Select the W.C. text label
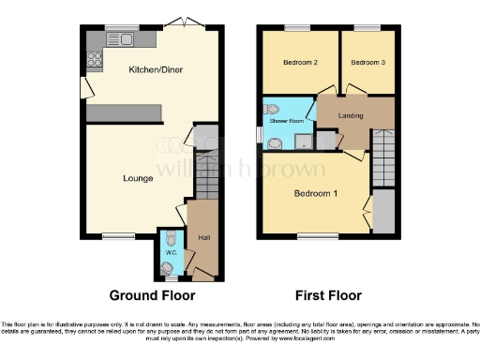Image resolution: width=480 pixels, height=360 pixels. (171, 252)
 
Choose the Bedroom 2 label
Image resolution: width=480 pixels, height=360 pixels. (297, 63)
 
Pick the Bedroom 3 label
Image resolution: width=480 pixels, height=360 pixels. (367, 63)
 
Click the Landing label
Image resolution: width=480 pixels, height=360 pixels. (352, 115)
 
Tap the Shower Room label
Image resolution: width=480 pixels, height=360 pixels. (286, 122)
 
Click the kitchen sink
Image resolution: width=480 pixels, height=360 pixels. (123, 39)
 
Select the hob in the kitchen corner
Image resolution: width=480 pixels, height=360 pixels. (94, 58)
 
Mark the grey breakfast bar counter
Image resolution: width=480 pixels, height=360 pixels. (125, 110)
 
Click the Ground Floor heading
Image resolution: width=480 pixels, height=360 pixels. (151, 295)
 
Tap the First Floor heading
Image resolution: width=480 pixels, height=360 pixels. (328, 295)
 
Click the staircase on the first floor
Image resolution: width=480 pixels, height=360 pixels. (383, 157)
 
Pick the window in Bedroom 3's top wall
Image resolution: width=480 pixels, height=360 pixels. (367, 27)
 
